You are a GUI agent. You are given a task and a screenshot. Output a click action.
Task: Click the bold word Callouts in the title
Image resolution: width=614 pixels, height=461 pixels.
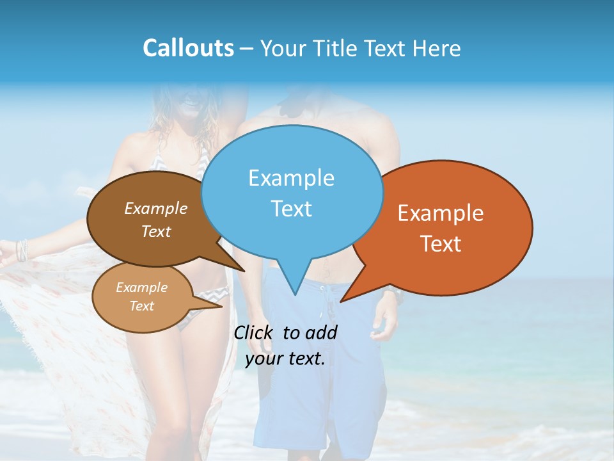(x=188, y=48)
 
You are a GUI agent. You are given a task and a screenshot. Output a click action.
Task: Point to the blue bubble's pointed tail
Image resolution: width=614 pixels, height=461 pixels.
(x=295, y=288)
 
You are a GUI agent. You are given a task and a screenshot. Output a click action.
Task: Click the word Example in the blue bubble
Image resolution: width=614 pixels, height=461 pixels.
(x=291, y=178)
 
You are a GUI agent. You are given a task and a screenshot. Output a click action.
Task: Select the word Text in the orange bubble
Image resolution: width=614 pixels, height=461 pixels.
(x=441, y=244)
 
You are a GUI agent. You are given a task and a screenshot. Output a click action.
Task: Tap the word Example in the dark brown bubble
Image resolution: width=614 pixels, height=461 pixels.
(x=155, y=208)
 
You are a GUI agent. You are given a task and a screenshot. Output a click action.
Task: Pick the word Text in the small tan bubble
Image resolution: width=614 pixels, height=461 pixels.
(x=141, y=306)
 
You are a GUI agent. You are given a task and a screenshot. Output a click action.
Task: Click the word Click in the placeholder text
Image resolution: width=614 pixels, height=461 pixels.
(x=255, y=332)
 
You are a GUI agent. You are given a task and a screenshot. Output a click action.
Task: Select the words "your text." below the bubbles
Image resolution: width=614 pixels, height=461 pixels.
(x=285, y=359)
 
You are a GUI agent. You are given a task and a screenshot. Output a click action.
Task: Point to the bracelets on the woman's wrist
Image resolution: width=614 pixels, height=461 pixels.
(x=23, y=250)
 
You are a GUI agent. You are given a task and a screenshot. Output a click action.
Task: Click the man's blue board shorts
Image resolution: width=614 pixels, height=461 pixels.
(x=320, y=384)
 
